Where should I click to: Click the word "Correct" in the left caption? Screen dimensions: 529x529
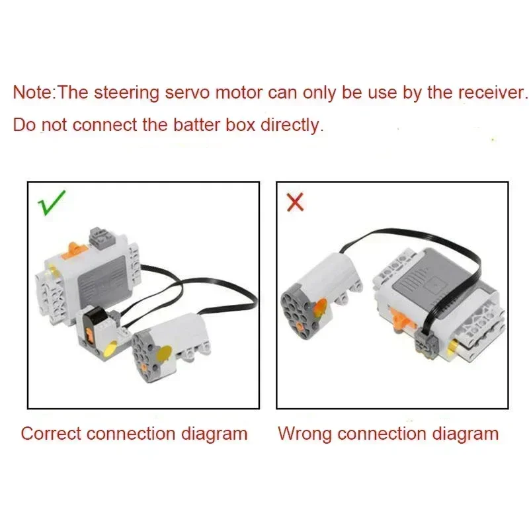pos(51,434)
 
